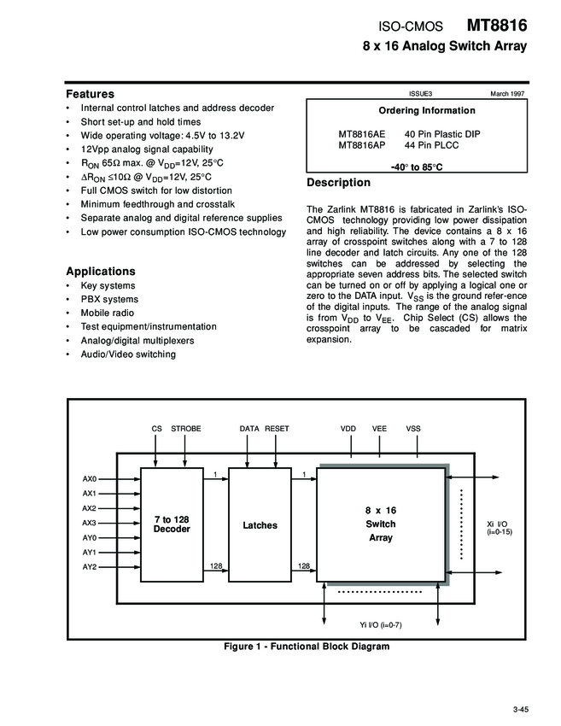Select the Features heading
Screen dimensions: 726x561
(91, 93)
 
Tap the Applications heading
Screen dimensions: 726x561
(101, 271)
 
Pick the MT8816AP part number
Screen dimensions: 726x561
(362, 145)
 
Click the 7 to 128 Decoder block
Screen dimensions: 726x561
(172, 524)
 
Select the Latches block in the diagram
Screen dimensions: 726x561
(260, 524)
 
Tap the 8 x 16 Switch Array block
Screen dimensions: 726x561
(381, 524)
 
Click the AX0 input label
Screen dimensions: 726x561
(90, 478)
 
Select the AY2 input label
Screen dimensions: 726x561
(90, 566)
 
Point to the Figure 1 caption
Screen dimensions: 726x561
(306, 647)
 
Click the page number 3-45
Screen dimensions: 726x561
(522, 708)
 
